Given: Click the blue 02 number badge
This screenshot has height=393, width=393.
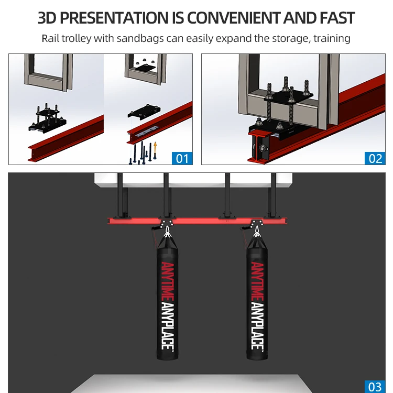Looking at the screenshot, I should (x=375, y=157).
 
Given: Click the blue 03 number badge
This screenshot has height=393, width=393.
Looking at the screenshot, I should (x=375, y=386).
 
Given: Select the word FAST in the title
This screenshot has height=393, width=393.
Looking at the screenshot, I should (x=334, y=18).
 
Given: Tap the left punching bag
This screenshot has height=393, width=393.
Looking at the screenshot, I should (x=167, y=299).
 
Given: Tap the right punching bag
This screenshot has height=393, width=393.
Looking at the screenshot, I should (x=257, y=299).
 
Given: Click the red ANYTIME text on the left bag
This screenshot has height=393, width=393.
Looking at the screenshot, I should (x=167, y=281).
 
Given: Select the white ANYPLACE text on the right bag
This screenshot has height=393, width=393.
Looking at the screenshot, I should (x=257, y=326).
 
